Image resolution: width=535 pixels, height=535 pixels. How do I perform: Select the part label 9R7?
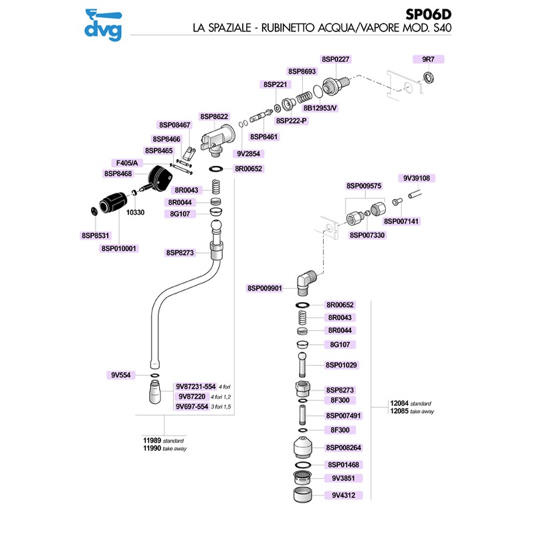point(429,59)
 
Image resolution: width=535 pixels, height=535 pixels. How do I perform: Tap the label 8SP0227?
point(336,59)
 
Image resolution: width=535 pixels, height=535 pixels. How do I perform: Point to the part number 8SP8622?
point(214,116)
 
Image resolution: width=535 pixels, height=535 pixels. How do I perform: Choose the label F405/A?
point(127,163)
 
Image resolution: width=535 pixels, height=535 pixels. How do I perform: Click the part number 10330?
point(135,211)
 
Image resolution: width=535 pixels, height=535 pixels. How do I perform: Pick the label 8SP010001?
point(118,248)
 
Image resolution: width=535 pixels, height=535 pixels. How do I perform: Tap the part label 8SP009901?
point(265,288)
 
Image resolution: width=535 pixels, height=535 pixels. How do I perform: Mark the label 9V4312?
point(342,496)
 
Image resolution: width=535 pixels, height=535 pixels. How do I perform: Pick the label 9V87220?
point(191,396)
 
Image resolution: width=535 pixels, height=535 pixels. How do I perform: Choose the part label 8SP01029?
point(342,365)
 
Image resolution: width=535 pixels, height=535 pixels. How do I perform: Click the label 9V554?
point(120,376)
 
